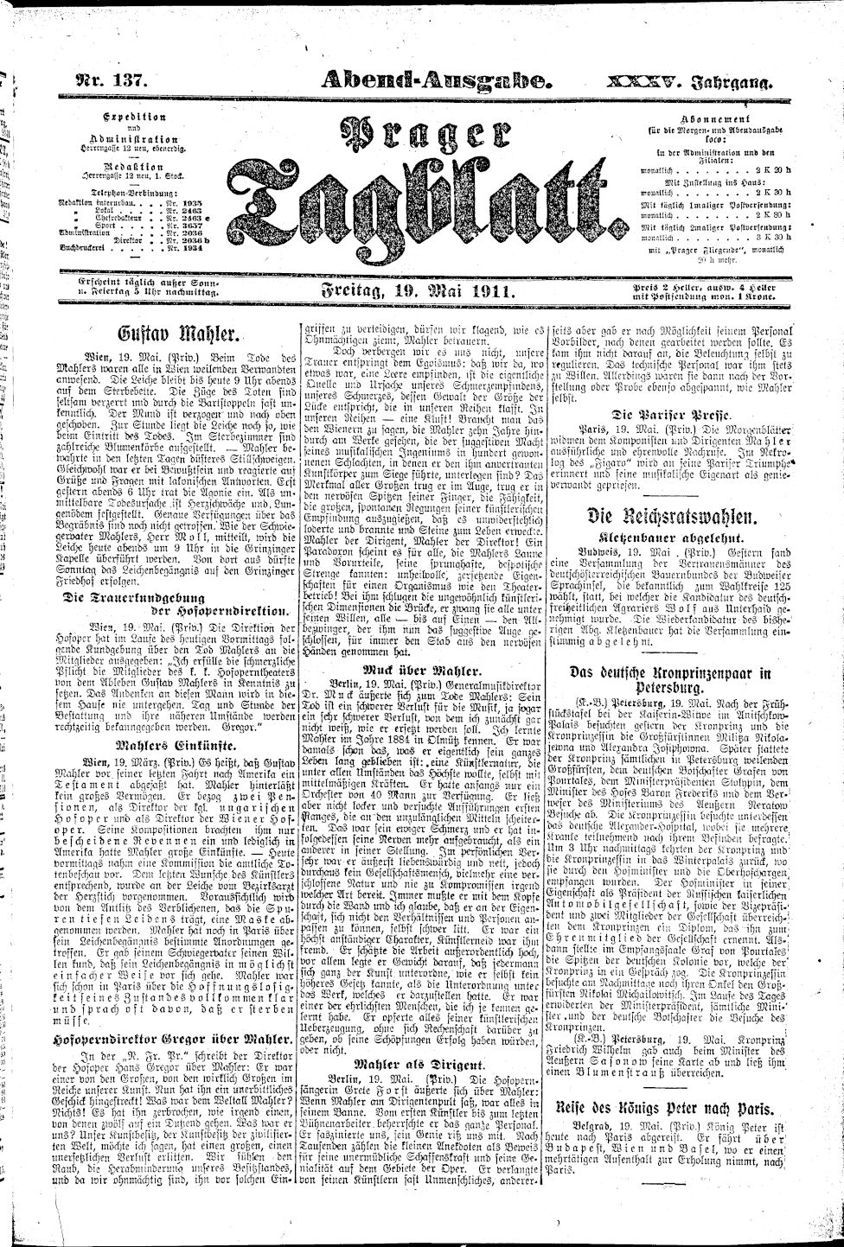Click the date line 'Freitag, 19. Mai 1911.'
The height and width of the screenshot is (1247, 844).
[x=419, y=294]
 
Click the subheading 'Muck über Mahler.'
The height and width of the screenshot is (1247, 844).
[x=419, y=670]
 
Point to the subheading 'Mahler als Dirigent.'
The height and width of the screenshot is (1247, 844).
[x=419, y=1066]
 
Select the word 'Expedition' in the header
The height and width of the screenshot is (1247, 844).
[x=135, y=116]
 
